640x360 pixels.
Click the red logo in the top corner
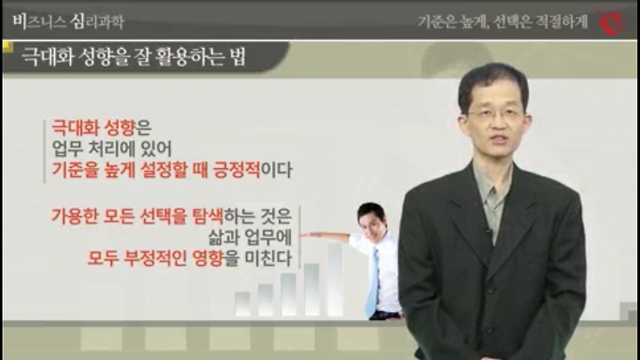[x=612, y=21]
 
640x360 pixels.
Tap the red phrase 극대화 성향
[x=93, y=128]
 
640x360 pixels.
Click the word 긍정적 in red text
[x=236, y=170]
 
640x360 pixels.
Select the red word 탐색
[x=207, y=216]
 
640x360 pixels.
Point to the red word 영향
[x=208, y=258]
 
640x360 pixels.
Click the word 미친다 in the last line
[x=268, y=258]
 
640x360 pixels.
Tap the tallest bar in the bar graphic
[x=335, y=279]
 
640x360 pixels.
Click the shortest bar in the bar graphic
[x=243, y=304]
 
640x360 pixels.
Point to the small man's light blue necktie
[x=373, y=281]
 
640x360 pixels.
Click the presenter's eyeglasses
[x=496, y=113]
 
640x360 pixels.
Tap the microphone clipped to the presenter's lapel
[x=487, y=231]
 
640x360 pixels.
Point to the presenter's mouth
[x=499, y=140]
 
